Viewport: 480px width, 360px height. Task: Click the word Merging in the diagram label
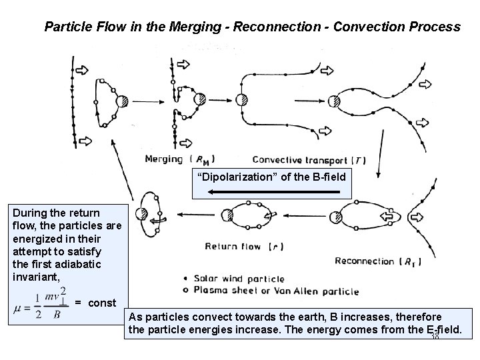(163, 159)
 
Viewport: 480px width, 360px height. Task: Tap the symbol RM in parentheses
(205, 160)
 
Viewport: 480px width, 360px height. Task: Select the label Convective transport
(301, 160)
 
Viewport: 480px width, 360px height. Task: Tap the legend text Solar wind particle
(239, 279)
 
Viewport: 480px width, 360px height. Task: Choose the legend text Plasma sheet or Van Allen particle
(276, 291)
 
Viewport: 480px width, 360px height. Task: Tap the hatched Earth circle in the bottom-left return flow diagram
(142, 214)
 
